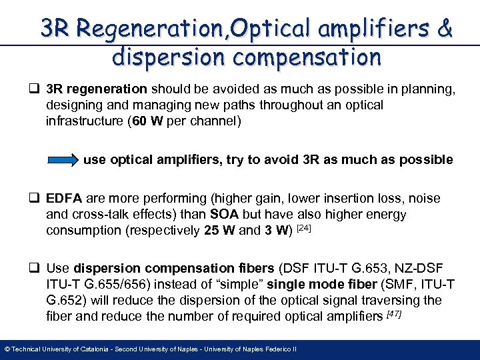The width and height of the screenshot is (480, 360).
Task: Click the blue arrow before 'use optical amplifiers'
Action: pyautogui.click(x=63, y=161)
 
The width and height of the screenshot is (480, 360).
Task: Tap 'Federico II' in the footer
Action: pyautogui.click(x=279, y=349)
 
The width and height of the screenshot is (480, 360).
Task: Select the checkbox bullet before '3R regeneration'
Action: pyautogui.click(x=35, y=90)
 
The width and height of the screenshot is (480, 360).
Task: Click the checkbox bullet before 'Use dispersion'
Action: pyautogui.click(x=35, y=269)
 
